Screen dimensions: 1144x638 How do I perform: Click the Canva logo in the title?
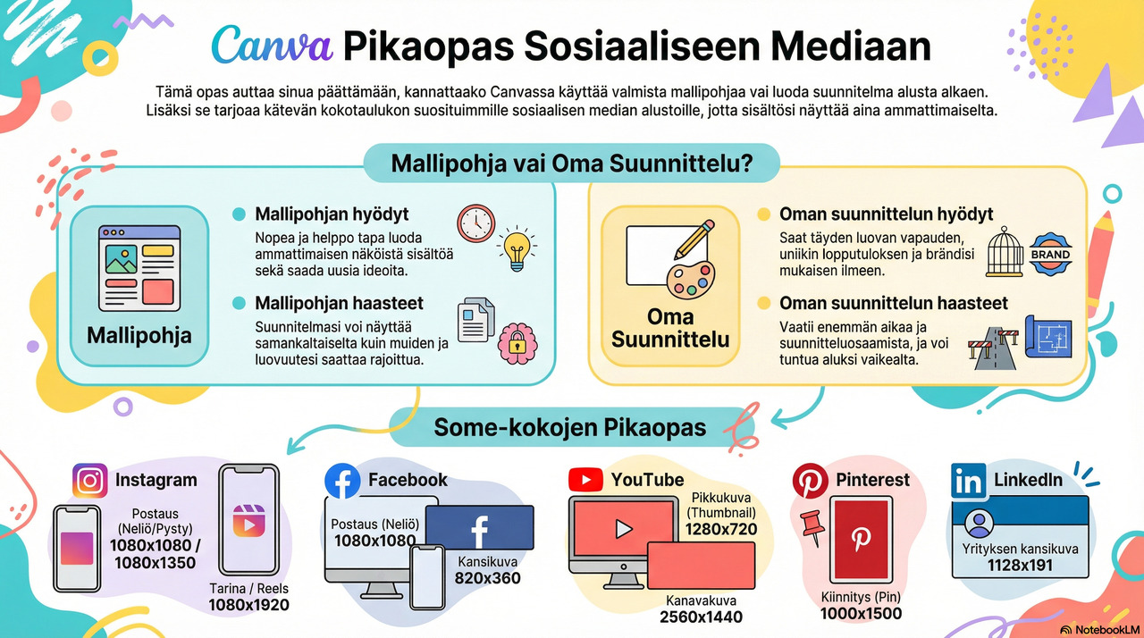pyautogui.click(x=273, y=46)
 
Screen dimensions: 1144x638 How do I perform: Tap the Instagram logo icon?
pyautogui.click(x=90, y=480)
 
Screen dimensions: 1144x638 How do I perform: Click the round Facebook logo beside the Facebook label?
pyautogui.click(x=342, y=481)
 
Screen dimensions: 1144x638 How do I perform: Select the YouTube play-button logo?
pyautogui.click(x=585, y=480)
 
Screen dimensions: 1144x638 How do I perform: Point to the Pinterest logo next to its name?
pyautogui.click(x=811, y=481)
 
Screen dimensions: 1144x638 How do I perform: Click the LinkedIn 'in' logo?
pyautogui.click(x=968, y=481)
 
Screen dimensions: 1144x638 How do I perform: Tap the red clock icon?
pyautogui.click(x=476, y=223)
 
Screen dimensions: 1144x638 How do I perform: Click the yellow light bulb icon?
pyautogui.click(x=517, y=248)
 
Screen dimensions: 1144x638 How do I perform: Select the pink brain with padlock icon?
pyautogui.click(x=517, y=343)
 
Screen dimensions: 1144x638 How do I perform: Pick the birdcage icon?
pyautogui.click(x=1005, y=252)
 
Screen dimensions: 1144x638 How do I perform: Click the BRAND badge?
pyautogui.click(x=1050, y=254)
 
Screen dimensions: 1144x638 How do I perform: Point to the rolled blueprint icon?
pyautogui.click(x=1048, y=336)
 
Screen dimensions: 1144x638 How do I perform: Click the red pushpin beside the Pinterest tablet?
pyautogui.click(x=813, y=526)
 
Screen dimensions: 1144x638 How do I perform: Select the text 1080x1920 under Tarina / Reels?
pyautogui.click(x=248, y=605)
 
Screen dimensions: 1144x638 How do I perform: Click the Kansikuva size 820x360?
pyautogui.click(x=487, y=578)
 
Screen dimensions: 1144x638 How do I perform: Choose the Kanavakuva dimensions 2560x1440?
pyautogui.click(x=701, y=617)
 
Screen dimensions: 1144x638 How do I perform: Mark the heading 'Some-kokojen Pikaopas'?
pyautogui.click(x=570, y=427)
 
